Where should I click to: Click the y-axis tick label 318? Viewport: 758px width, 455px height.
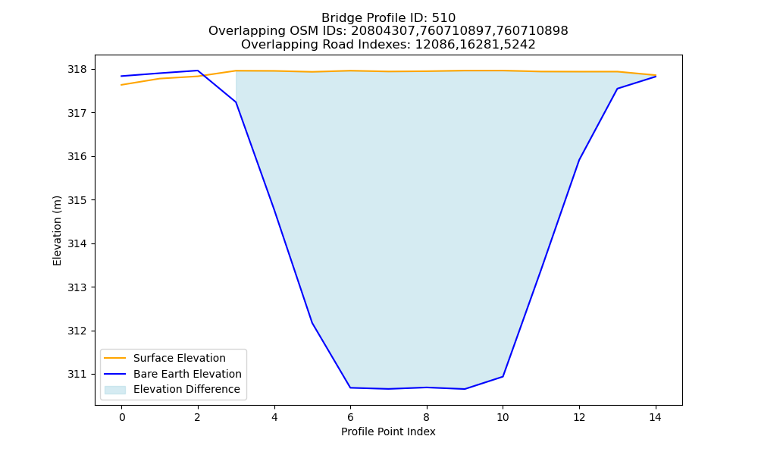pos(77,70)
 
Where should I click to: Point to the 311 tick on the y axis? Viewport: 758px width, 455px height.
pos(77,375)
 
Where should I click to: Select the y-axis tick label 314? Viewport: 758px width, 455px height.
pos(77,243)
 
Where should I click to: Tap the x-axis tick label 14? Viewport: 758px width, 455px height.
pos(655,417)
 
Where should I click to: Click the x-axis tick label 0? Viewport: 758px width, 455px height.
pos(122,417)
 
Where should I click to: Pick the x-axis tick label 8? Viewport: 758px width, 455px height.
pos(426,417)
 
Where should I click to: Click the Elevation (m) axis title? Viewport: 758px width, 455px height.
pos(57,231)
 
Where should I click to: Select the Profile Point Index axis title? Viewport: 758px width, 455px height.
pos(388,431)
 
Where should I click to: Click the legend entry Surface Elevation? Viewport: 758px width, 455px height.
pos(180,358)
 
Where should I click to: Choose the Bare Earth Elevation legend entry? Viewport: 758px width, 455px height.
pos(187,374)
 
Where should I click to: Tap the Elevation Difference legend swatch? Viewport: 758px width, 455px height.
pos(115,390)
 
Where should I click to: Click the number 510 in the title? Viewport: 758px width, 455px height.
pos(443,18)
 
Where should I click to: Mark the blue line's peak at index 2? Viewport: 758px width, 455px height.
pos(198,71)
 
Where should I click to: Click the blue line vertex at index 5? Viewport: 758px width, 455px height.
pos(312,322)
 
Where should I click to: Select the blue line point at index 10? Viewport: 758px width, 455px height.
pos(503,377)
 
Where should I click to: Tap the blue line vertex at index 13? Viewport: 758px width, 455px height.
pos(617,89)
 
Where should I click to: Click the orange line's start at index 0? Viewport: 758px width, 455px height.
pos(121,85)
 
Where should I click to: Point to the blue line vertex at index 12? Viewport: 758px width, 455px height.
pos(579,159)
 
